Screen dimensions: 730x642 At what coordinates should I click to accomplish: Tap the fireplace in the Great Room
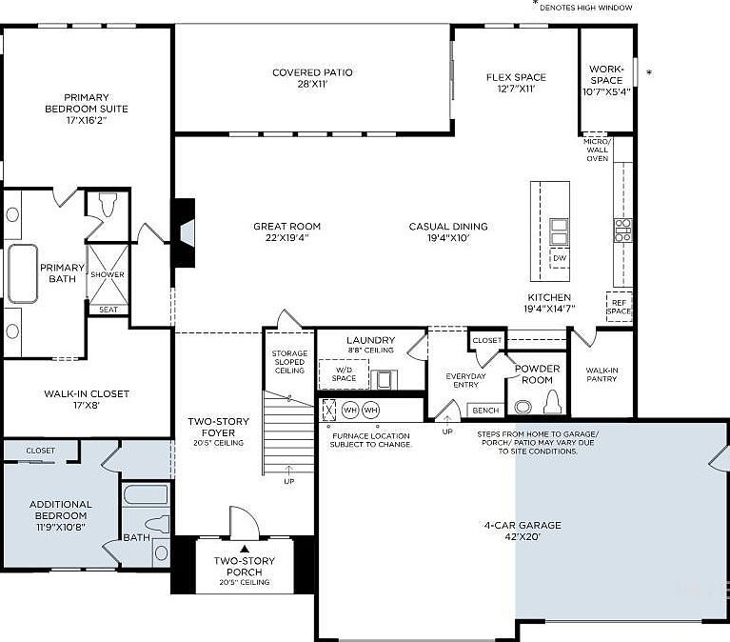coord(185,233)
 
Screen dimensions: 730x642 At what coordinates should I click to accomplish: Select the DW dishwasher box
coord(560,258)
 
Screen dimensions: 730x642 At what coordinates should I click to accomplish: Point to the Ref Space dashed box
coord(620,307)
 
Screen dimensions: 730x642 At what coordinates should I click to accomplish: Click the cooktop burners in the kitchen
coord(622,231)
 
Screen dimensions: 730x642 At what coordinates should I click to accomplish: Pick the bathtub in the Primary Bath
coord(22,274)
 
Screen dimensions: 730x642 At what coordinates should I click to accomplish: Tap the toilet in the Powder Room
coord(553,402)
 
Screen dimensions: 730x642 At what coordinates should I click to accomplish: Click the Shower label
coord(108,274)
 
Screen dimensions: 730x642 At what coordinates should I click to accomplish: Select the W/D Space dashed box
coord(344,374)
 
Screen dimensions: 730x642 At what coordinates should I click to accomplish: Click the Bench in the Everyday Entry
coord(485,410)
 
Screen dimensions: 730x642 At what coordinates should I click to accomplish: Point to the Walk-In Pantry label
coord(602,374)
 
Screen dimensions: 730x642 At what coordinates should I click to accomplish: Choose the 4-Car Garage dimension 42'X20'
coord(523,536)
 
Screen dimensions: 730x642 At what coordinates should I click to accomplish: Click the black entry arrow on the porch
coord(245,549)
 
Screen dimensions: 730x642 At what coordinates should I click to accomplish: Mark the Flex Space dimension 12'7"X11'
coord(516,89)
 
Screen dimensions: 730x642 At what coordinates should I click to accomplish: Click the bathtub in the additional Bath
coord(146,494)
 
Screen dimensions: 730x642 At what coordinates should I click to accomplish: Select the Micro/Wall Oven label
coord(598,150)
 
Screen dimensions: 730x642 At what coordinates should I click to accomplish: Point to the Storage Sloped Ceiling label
coord(289,362)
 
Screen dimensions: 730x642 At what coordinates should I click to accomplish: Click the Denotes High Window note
coord(585,8)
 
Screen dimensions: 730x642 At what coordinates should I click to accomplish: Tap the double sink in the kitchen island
coord(559,231)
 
